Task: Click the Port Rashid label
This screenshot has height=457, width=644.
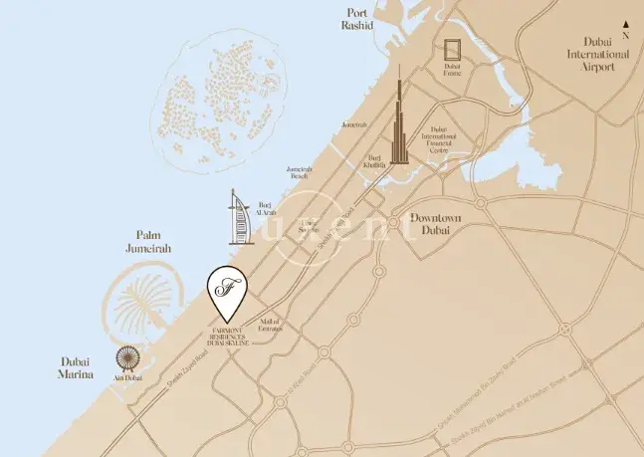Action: pyautogui.click(x=357, y=19)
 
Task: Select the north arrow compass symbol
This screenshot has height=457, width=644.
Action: pyautogui.click(x=625, y=27)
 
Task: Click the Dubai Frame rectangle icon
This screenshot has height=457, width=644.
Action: pyautogui.click(x=454, y=50)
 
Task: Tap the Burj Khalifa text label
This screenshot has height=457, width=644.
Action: pyautogui.click(x=374, y=162)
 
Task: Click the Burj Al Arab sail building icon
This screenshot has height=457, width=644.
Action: pyautogui.click(x=236, y=216)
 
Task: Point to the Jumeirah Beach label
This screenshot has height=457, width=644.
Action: pyautogui.click(x=303, y=172)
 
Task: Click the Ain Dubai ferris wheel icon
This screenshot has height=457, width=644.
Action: pyautogui.click(x=127, y=358)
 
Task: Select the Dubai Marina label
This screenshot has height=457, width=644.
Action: pyautogui.click(x=75, y=368)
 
